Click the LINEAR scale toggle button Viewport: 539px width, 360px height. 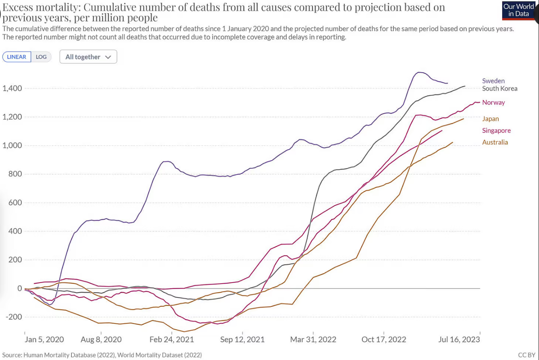(17, 57)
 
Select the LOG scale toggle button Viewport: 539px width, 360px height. (41, 57)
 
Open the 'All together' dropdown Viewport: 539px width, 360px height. (88, 57)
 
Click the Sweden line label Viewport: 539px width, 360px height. (493, 81)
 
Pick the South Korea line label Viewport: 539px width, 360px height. (499, 88)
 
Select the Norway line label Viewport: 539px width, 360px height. (493, 103)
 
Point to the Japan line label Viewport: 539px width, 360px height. (490, 119)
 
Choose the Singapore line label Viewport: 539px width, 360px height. (496, 130)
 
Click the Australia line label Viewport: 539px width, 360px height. (495, 142)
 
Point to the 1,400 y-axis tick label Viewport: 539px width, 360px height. (11, 88)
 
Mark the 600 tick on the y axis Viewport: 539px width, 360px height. (15, 203)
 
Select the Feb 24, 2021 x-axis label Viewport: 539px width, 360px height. (171, 339)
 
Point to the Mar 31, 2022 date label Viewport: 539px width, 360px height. (313, 339)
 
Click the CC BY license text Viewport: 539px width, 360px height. (526, 355)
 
